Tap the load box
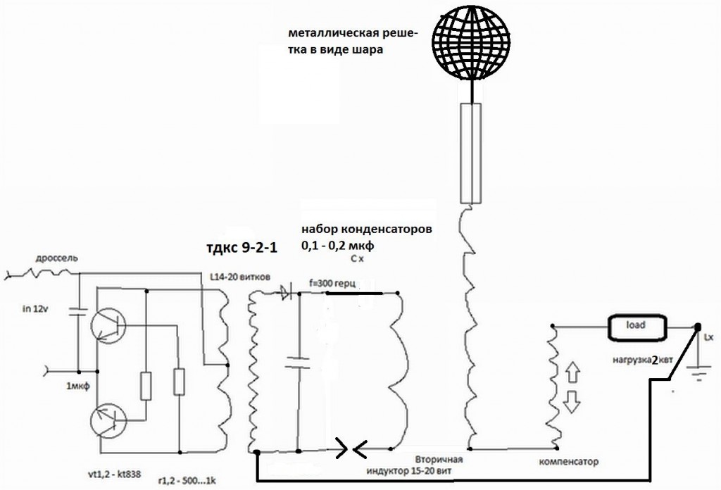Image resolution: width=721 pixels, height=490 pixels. pos(637,327)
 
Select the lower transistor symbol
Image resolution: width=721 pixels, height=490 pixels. pos(108,420)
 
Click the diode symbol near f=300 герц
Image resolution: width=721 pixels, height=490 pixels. pos(286,293)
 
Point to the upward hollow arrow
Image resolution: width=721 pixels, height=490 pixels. pos(572,372)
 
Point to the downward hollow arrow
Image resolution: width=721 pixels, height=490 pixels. pos(572,401)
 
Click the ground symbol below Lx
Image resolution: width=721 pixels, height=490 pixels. pos(698,373)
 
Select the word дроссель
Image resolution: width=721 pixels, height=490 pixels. pos(57,258)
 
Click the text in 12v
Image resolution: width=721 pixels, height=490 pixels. pos(35,309)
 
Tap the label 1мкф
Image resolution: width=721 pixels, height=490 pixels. pos(77,386)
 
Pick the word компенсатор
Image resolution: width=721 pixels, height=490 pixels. pos(569,462)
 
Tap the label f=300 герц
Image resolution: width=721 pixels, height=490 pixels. pos(333,284)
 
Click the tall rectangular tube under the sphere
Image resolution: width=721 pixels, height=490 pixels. pos(471,153)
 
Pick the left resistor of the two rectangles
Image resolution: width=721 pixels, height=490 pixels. pos(145,386)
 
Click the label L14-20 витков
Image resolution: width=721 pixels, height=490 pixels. pos(239,277)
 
